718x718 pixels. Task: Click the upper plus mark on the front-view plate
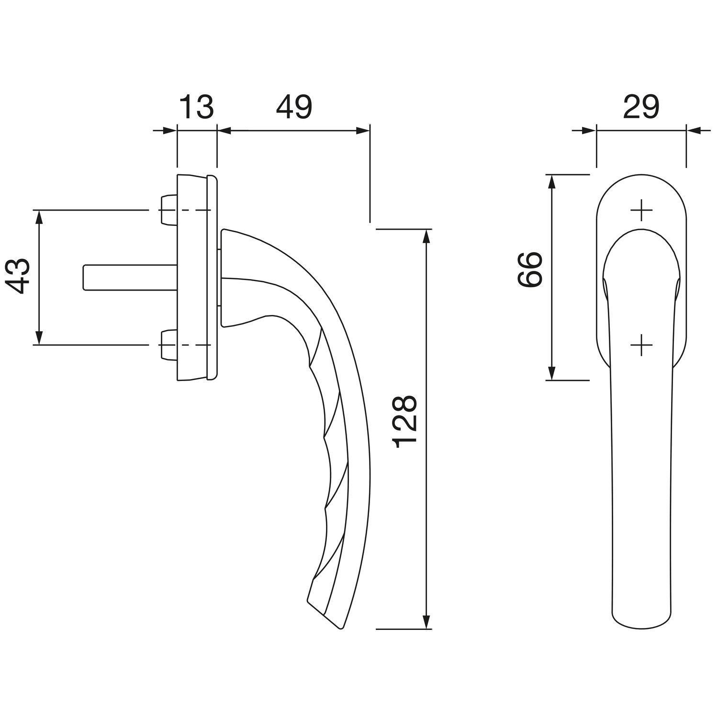pyautogui.click(x=641, y=211)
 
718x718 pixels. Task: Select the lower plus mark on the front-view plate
pyautogui.click(x=641, y=345)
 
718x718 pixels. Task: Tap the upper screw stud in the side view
pyautogui.click(x=168, y=210)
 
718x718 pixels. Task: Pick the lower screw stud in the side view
pyautogui.click(x=168, y=345)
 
